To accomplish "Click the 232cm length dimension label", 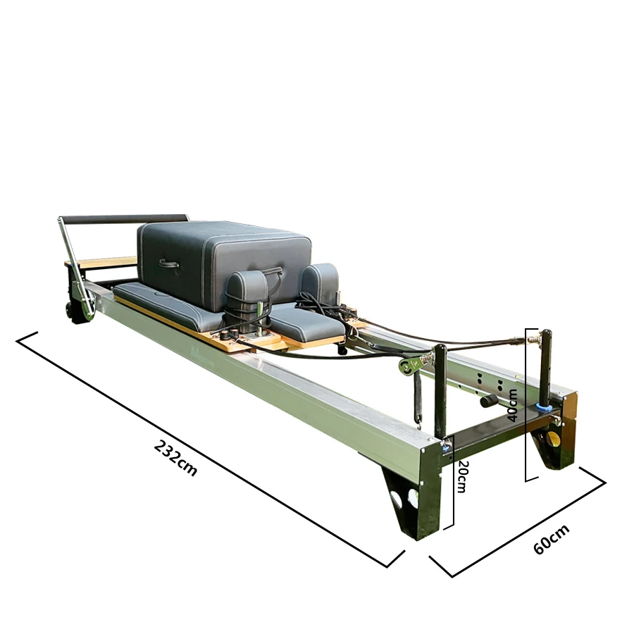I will point(175,458).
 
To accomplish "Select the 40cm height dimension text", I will point(513,405).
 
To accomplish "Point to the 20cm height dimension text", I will point(461,477).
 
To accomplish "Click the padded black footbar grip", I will point(123,219).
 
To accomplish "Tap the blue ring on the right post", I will point(543,407).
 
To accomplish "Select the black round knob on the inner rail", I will point(486,401).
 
